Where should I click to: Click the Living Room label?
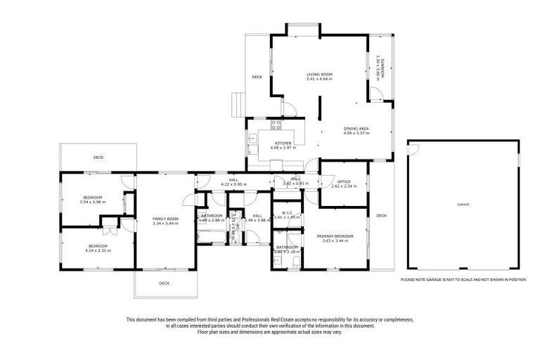pos(319,74)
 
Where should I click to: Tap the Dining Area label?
pos(356,128)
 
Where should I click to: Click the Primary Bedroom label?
pos(335,236)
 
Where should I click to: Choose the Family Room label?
pos(166,219)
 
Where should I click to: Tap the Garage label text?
pos(463,204)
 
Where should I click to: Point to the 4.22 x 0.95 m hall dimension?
pos(234,184)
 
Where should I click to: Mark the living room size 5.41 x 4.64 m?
pos(319,79)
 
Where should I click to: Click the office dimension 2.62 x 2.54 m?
pos(345,186)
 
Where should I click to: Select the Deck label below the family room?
pos(164,283)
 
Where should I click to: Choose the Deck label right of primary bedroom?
pos(381,215)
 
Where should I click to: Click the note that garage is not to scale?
pos(463,279)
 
